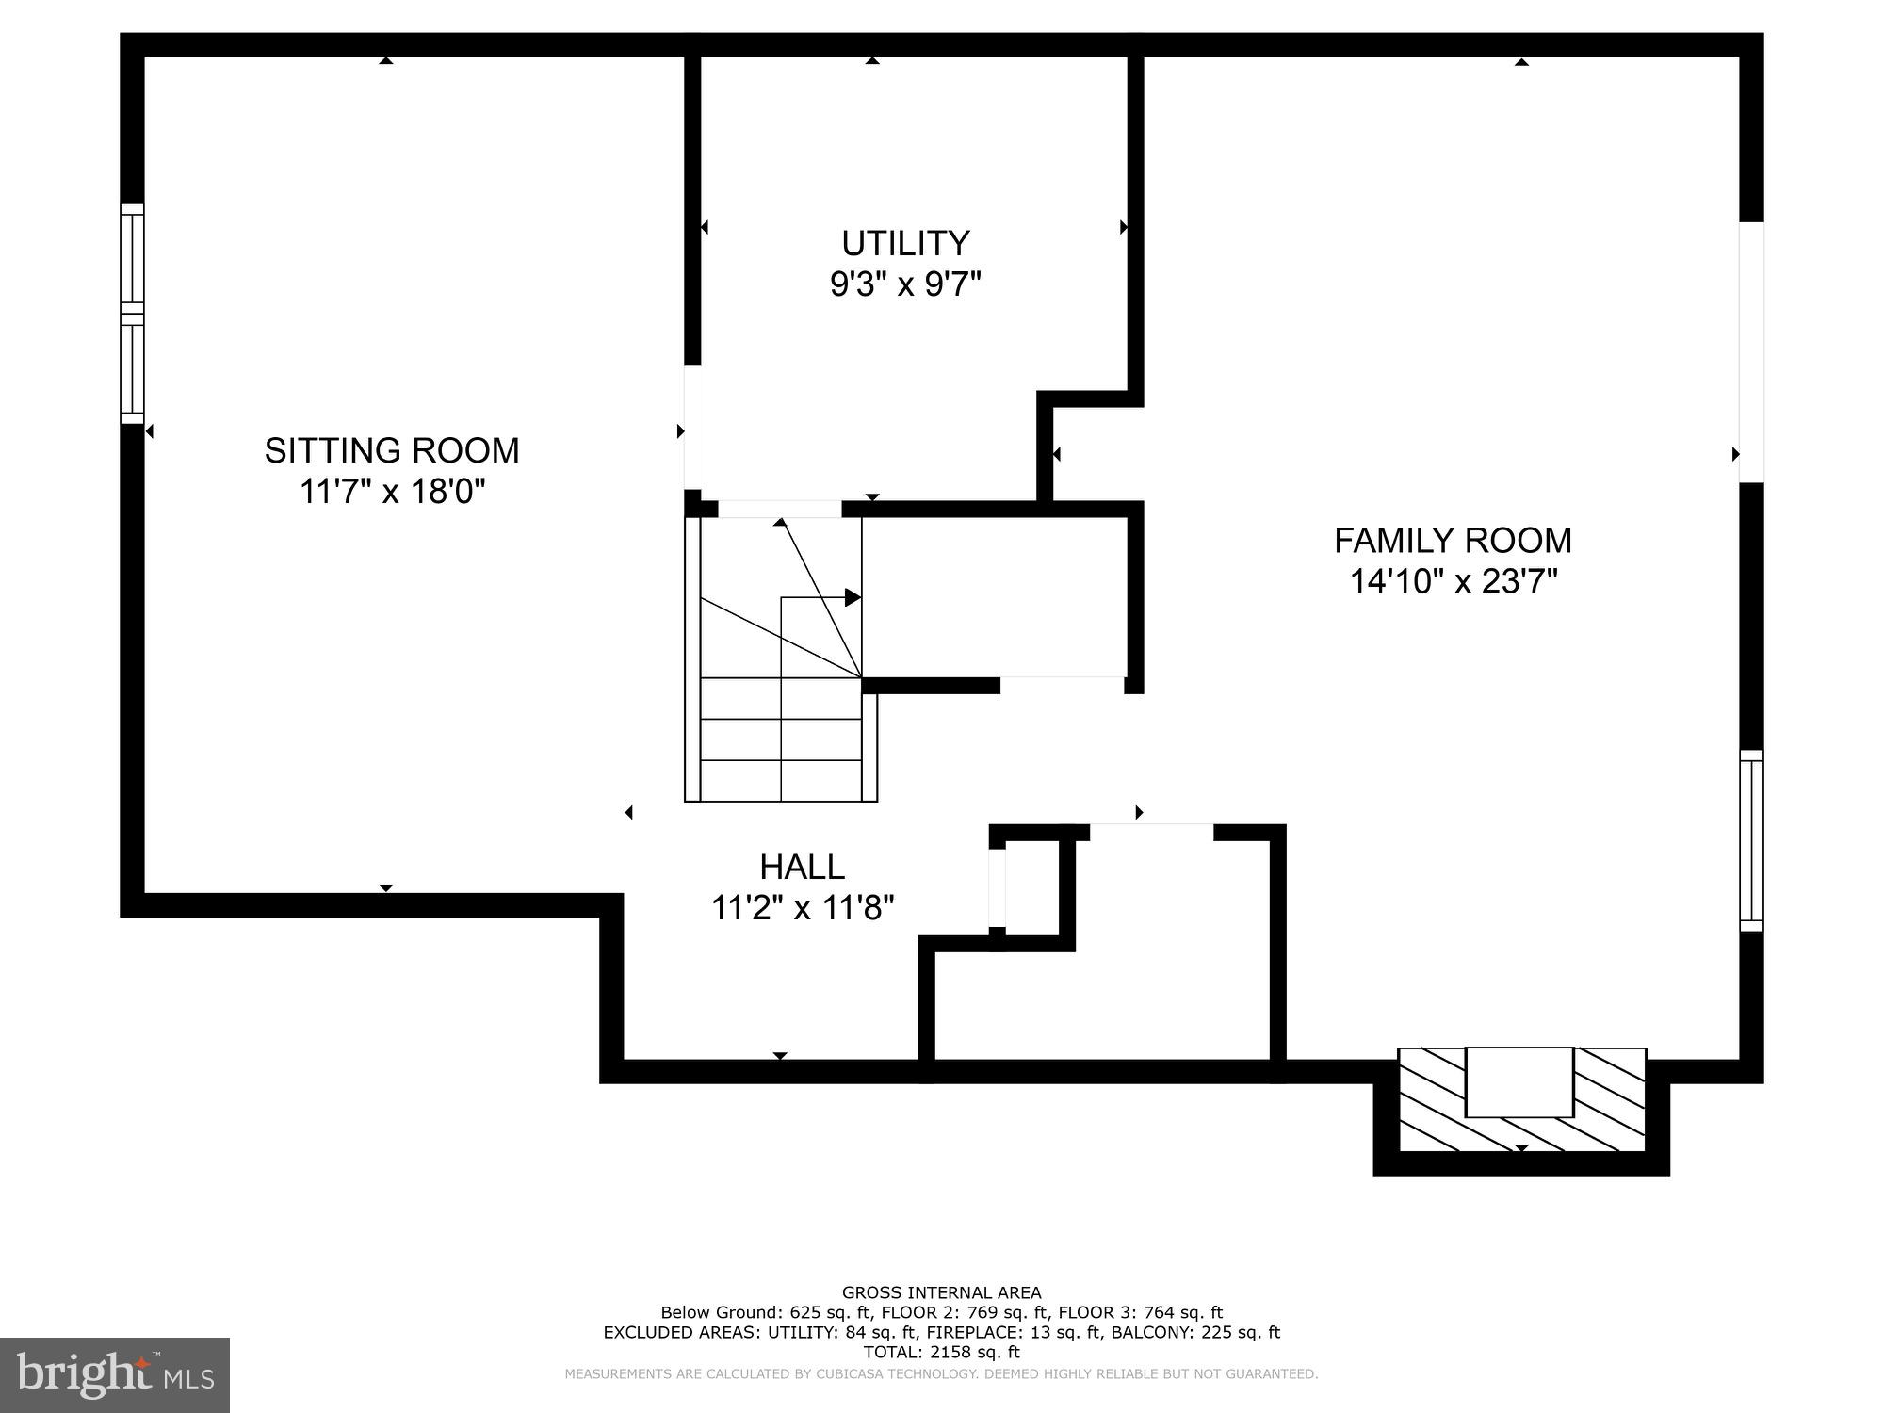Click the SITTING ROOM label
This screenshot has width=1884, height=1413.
[x=391, y=450]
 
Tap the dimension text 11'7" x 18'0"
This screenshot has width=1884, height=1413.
[x=391, y=491]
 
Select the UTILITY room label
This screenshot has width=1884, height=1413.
[x=905, y=243]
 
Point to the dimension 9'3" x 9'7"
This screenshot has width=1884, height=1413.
[x=905, y=284]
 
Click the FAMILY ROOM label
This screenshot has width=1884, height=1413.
[x=1453, y=541]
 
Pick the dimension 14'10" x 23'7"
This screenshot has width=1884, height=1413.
[x=1453, y=581]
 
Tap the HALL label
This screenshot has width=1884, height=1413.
[x=802, y=867]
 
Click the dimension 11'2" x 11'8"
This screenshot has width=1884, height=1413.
[x=802, y=908]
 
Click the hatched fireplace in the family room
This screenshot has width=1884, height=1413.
[x=1521, y=1099]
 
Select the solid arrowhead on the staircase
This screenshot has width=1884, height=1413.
[x=853, y=597]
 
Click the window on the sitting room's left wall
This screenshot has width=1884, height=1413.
[x=132, y=314]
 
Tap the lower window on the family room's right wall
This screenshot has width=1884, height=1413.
[x=1750, y=840]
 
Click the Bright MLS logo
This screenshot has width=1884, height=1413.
[x=115, y=1374]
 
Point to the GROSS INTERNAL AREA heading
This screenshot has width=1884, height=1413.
[x=941, y=1292]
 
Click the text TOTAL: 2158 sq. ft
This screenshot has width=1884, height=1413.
[x=941, y=1352]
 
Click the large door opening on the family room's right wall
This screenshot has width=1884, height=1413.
[x=1750, y=352]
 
